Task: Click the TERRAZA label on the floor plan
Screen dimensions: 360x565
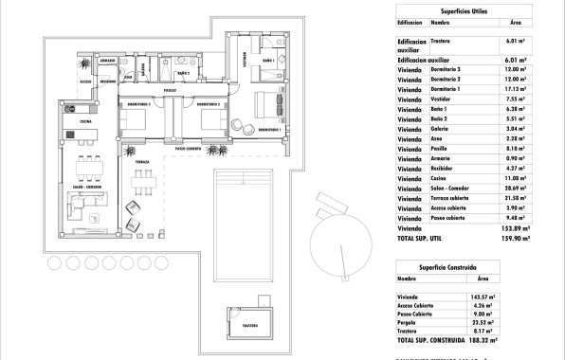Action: point(141,162)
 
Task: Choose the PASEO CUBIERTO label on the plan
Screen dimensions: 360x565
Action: point(187,148)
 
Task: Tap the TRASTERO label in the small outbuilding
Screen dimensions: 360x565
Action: point(248,325)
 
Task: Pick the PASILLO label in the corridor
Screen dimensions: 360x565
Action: point(169,91)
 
